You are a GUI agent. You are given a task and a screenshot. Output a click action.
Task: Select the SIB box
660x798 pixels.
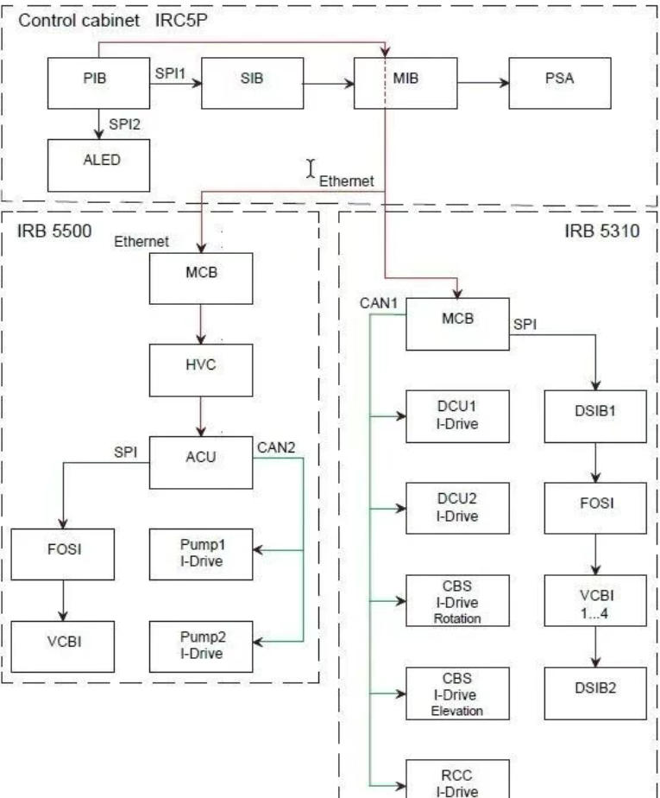click(x=252, y=83)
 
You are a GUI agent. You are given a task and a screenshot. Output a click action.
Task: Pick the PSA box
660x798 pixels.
click(x=560, y=83)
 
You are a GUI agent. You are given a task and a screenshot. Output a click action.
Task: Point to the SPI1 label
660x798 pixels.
click(x=171, y=73)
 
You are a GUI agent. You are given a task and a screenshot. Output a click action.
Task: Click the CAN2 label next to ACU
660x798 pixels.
click(x=275, y=447)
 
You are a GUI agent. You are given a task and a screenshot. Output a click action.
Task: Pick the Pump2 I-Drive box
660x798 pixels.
click(x=200, y=645)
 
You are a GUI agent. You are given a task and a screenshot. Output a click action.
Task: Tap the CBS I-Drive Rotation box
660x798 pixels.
click(x=457, y=600)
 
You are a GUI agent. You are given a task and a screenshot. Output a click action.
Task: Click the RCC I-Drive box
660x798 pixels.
click(x=457, y=776)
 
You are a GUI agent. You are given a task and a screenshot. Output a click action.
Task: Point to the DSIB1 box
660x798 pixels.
click(x=594, y=416)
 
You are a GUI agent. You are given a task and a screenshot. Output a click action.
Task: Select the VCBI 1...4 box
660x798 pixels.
click(x=594, y=600)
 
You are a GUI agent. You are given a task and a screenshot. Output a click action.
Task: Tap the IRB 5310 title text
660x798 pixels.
click(x=601, y=233)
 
